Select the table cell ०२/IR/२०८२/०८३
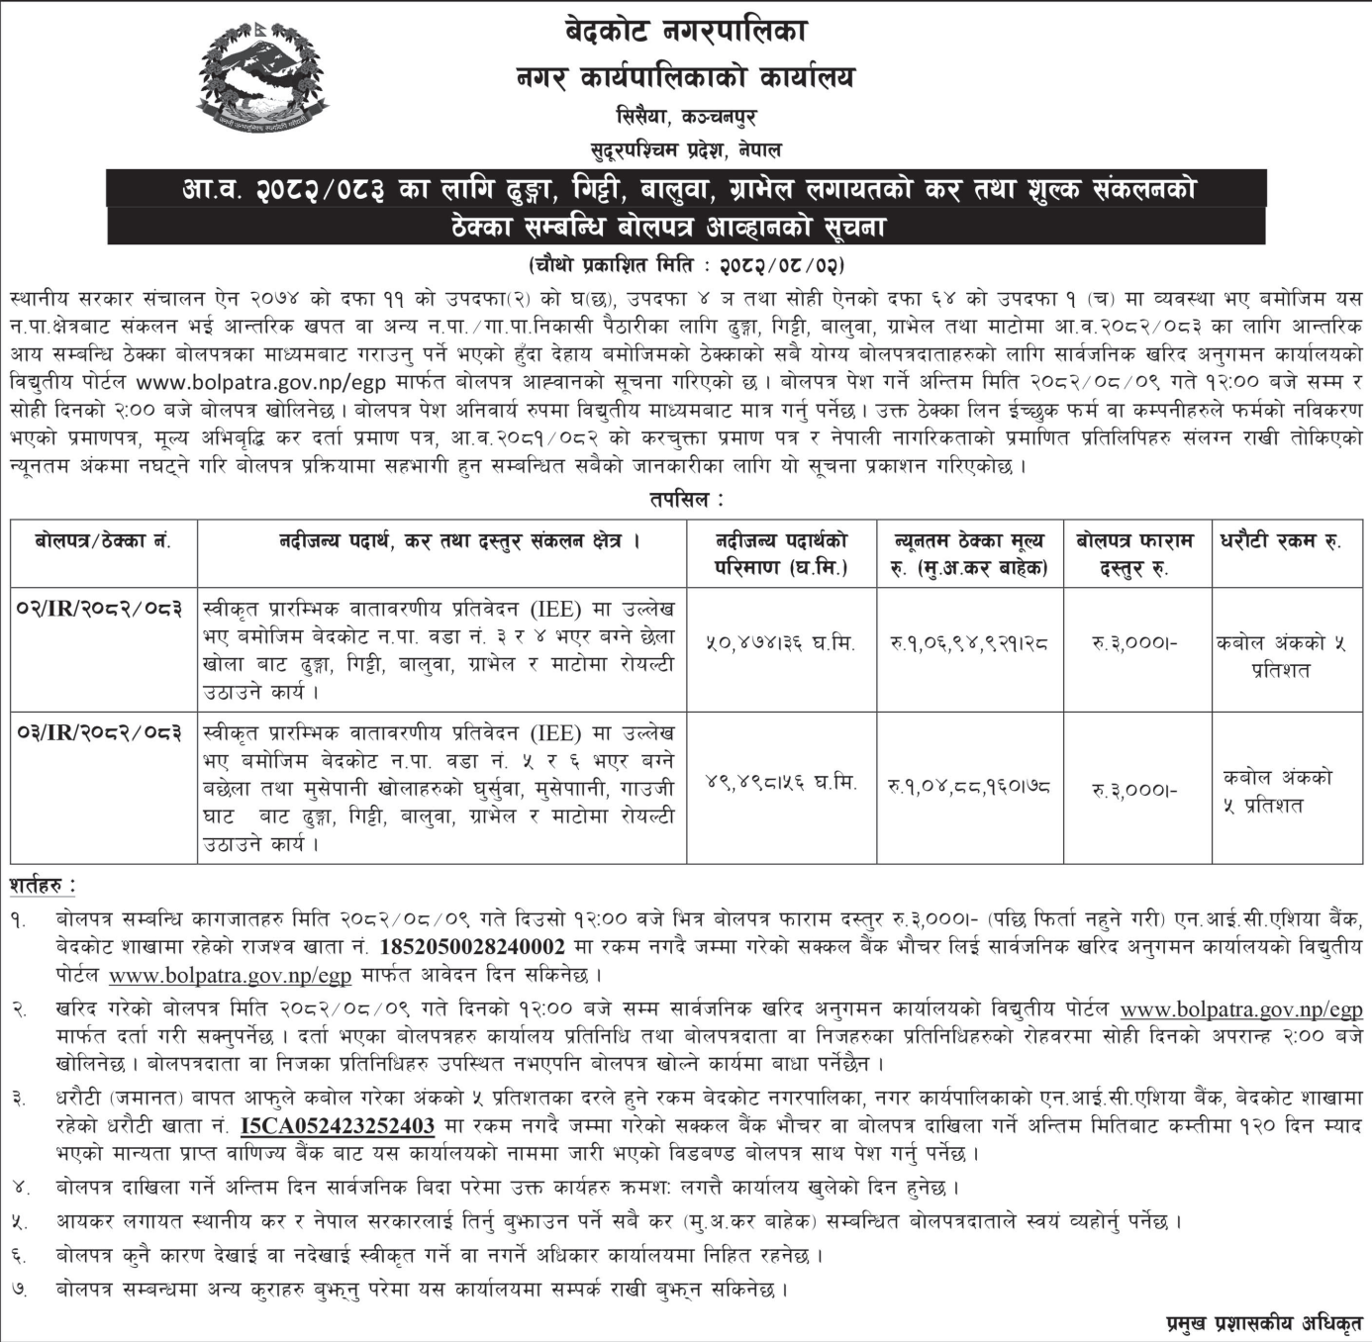pyautogui.click(x=103, y=609)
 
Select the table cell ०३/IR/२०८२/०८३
pyautogui.click(x=103, y=732)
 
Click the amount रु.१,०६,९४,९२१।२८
pyautogui.click(x=970, y=643)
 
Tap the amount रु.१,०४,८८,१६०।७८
pyautogui.click(x=970, y=788)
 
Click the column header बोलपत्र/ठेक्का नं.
pyautogui.click(x=103, y=541)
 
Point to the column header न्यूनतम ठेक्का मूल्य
pyautogui.click(x=970, y=542)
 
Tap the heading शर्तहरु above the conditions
pyautogui.click(x=42, y=884)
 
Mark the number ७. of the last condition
pyautogui.click(x=20, y=1290)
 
